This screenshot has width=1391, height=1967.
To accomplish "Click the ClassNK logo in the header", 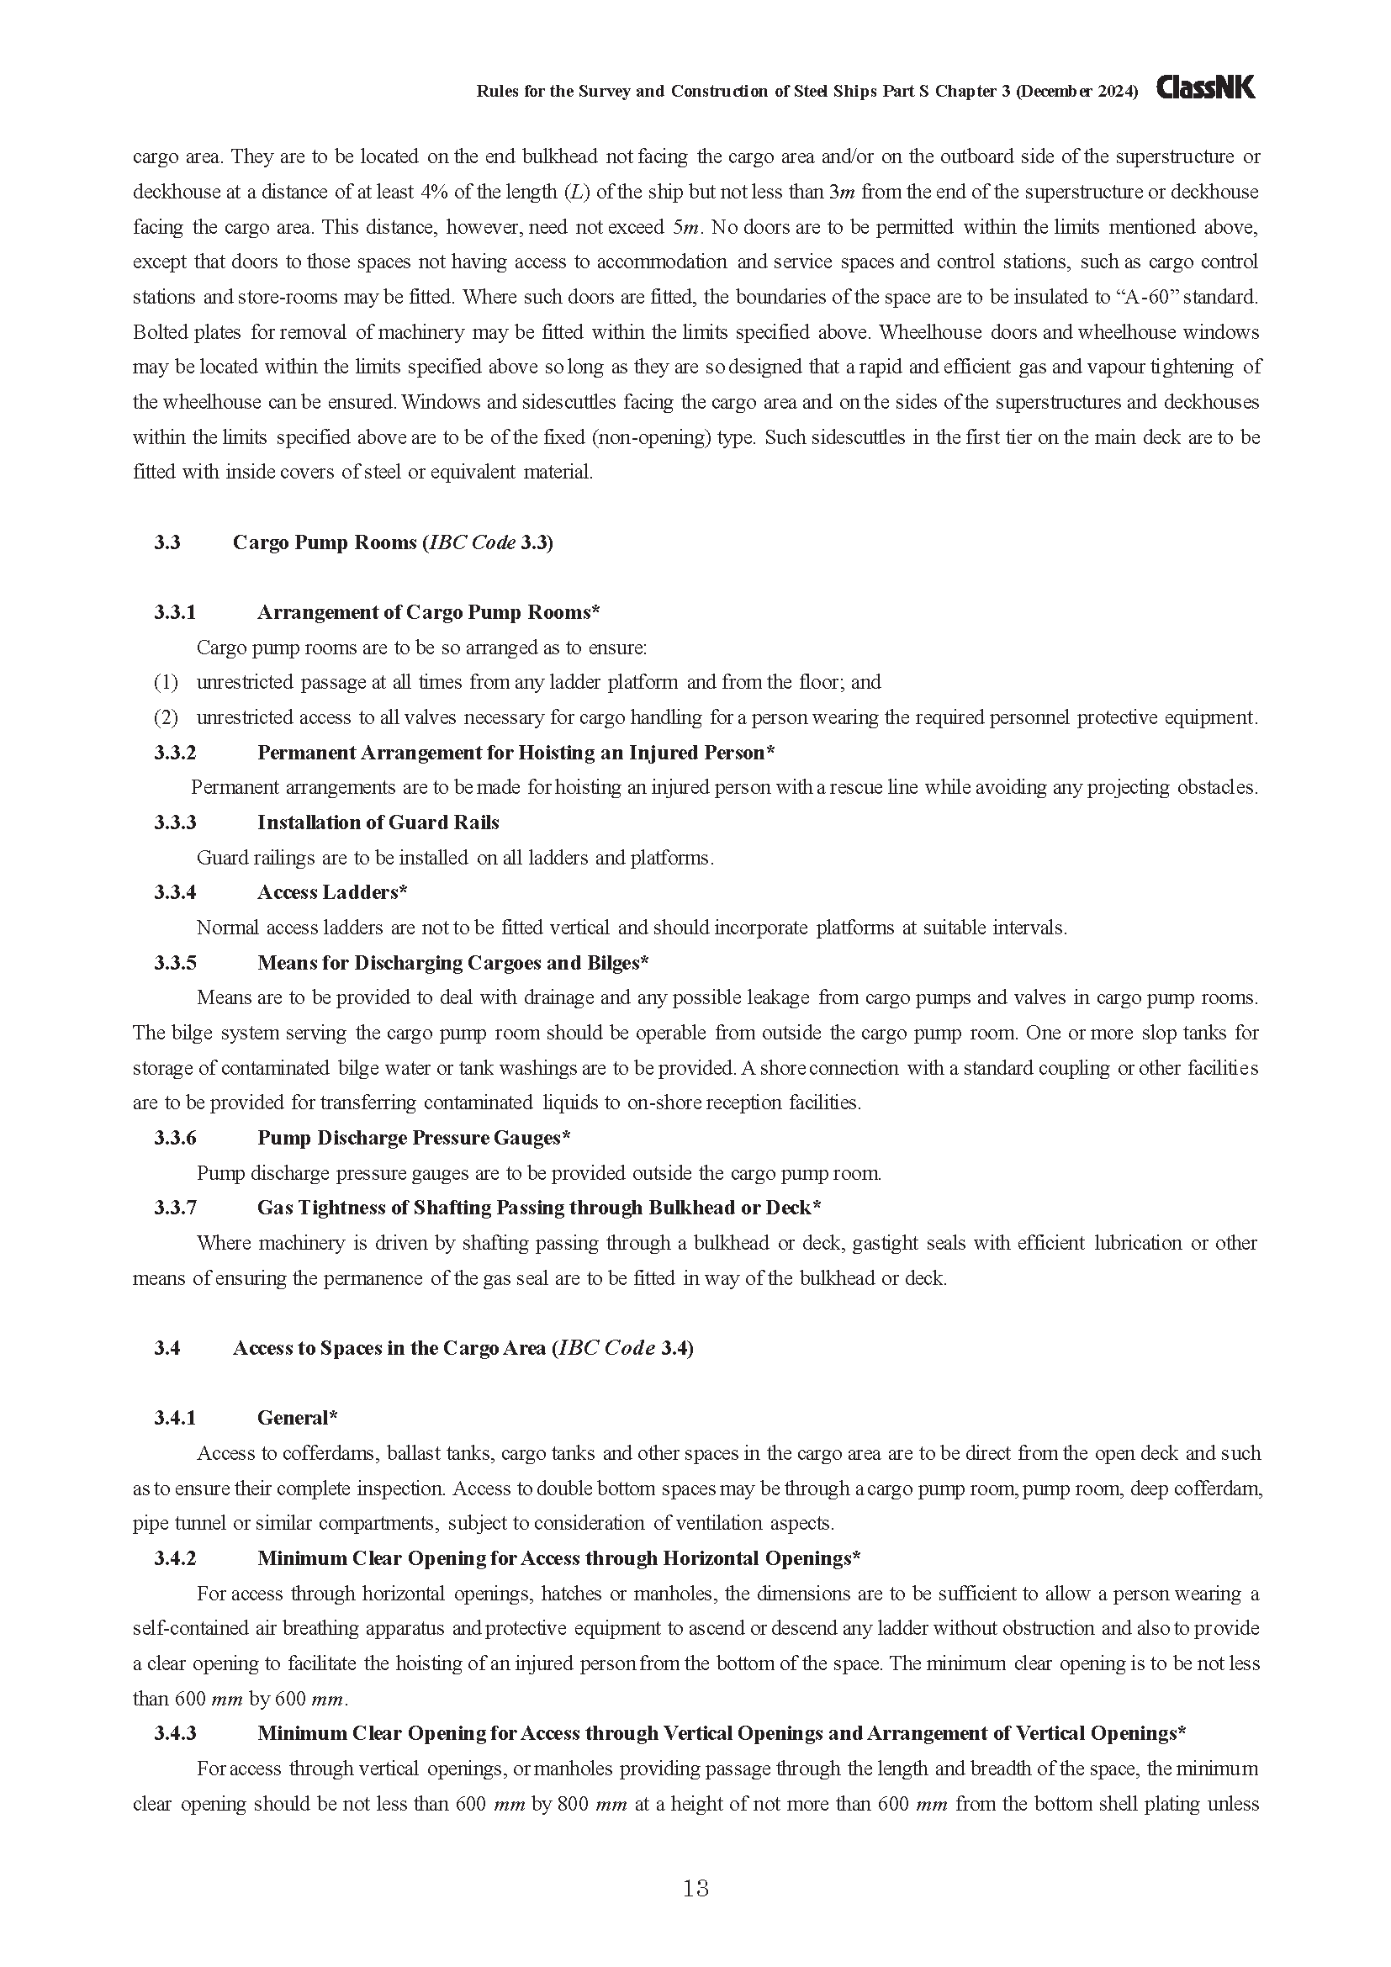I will click(x=1205, y=88).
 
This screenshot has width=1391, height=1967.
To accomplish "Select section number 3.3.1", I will click(x=176, y=611).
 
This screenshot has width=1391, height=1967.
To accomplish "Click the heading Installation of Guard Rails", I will click(x=378, y=822).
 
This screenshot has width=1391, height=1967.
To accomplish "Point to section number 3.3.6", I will click(x=176, y=1138).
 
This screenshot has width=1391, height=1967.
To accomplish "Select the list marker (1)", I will click(x=166, y=682).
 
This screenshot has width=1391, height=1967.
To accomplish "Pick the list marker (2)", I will click(x=166, y=717).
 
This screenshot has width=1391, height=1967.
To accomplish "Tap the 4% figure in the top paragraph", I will click(x=436, y=192).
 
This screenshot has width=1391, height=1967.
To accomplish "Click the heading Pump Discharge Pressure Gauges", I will click(x=414, y=1138).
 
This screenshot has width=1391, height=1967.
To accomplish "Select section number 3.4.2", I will click(x=176, y=1557).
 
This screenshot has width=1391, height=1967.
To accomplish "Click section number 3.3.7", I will click(x=176, y=1207).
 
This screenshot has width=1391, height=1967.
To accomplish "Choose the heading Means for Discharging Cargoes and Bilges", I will click(x=452, y=962).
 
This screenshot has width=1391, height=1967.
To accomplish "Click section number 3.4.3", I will click(x=176, y=1733).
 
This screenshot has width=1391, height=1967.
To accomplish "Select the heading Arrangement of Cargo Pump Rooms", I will click(x=427, y=611).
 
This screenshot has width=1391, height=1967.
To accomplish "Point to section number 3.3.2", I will click(x=176, y=752).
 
